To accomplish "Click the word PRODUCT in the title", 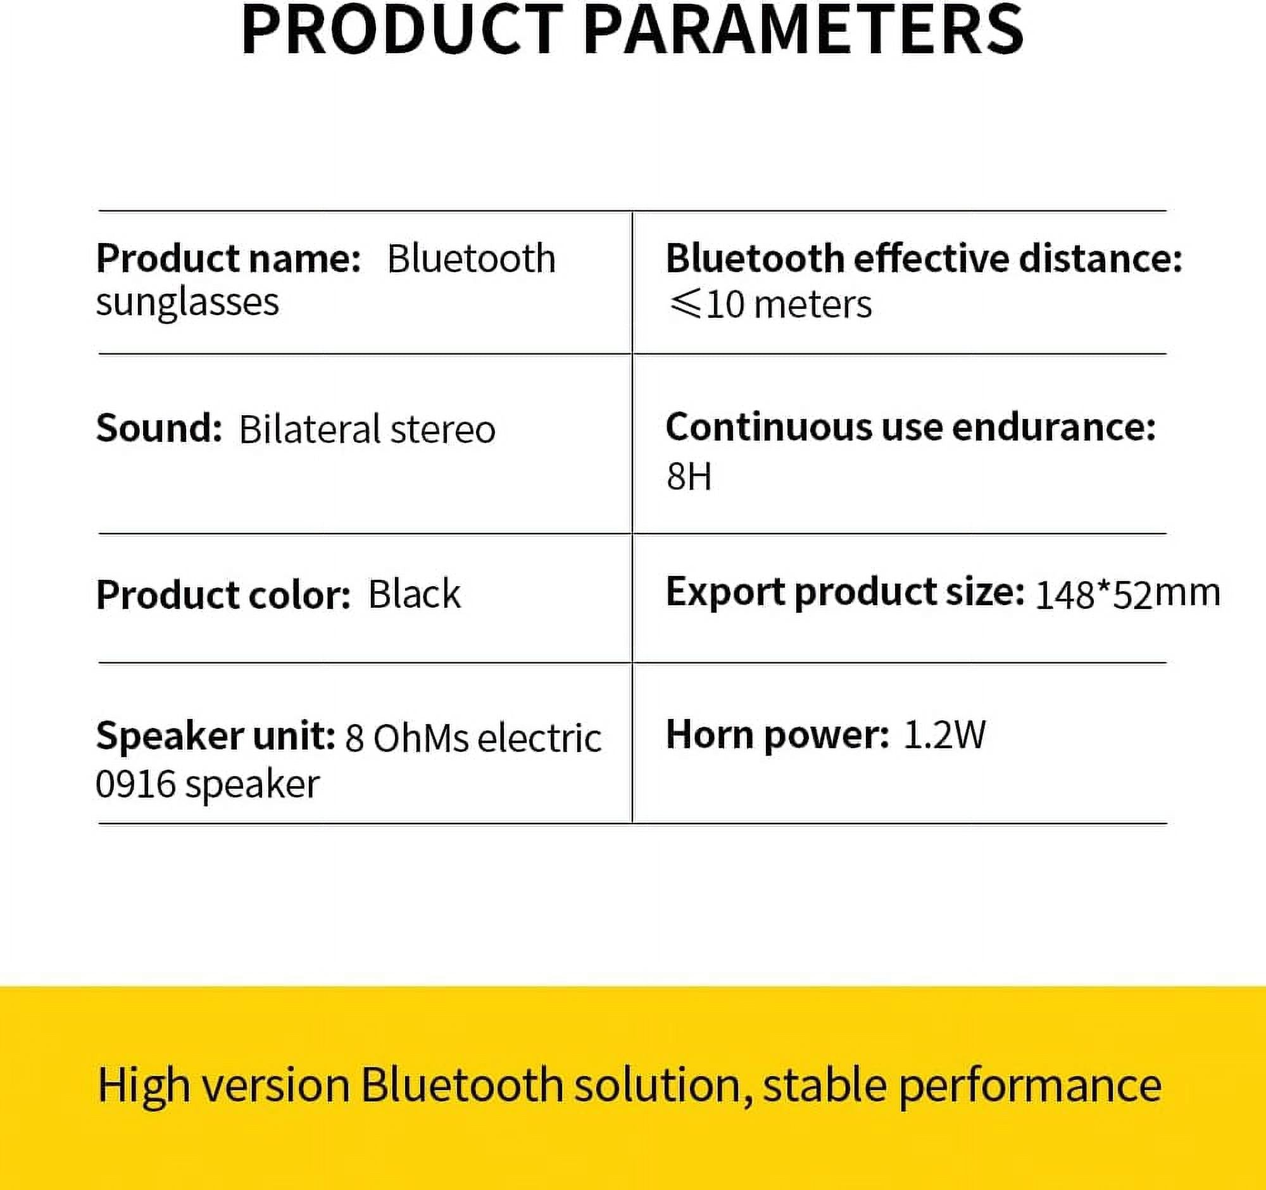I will [401, 30].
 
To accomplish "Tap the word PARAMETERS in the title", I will [803, 30].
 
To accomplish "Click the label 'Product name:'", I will [228, 258].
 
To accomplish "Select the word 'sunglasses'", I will [187, 302].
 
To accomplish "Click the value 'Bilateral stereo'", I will [367, 429].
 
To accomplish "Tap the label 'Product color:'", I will [223, 594].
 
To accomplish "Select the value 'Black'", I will [414, 594].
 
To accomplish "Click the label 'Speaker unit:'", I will [215, 736].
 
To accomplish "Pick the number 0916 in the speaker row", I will [135, 784].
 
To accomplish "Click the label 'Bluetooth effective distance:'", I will [924, 258].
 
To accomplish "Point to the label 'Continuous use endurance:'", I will [910, 427].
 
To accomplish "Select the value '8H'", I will [689, 476].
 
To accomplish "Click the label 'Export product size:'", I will [844, 592].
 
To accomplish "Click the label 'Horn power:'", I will [777, 735].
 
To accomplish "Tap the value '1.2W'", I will [944, 735].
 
